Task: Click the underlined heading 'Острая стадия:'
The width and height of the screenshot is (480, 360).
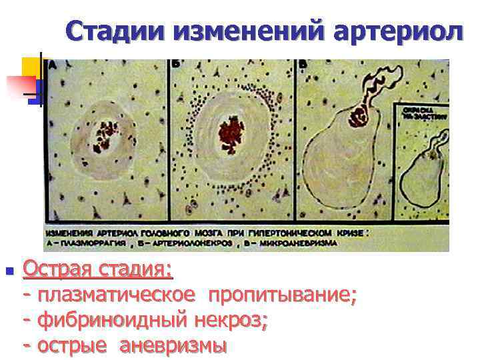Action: point(97,270)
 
